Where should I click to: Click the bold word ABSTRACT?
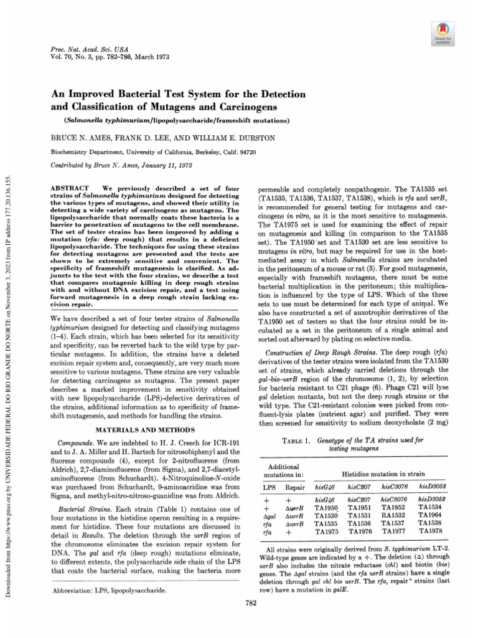click(x=68, y=187)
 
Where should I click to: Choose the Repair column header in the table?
click(x=294, y=486)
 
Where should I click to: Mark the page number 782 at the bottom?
click(x=252, y=603)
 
